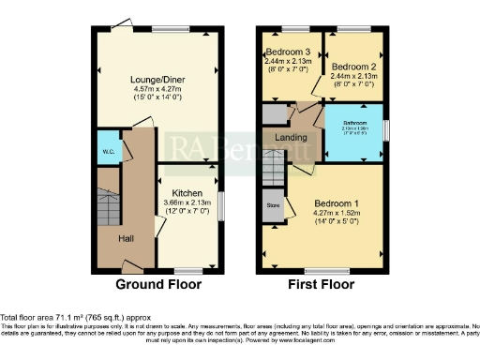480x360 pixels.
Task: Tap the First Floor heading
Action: coord(321,284)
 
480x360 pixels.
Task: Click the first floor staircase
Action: coord(274,172)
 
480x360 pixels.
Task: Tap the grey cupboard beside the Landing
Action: coord(274,113)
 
